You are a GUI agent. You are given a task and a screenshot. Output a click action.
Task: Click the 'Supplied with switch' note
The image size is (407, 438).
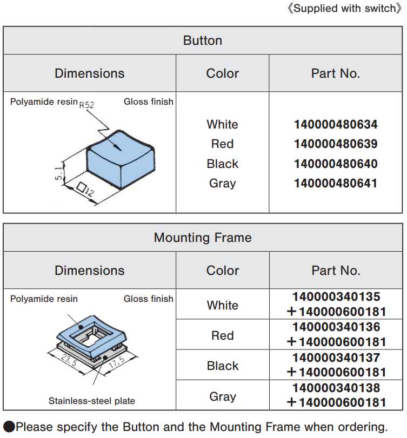(x=344, y=9)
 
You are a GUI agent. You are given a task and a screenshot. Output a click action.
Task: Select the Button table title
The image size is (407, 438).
(x=203, y=41)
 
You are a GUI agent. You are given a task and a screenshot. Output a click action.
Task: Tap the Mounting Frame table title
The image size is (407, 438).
(x=203, y=238)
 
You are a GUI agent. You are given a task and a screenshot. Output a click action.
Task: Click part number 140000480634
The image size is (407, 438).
(x=336, y=125)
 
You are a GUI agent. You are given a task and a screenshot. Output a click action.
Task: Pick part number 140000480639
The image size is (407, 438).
(x=336, y=144)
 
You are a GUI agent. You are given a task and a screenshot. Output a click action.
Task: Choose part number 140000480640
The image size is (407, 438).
(x=336, y=164)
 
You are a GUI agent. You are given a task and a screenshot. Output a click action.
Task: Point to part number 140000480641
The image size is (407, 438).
(x=336, y=183)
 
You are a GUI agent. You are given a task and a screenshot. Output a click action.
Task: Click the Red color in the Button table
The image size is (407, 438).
(x=222, y=144)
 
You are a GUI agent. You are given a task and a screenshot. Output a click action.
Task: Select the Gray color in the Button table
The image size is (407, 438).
(x=222, y=183)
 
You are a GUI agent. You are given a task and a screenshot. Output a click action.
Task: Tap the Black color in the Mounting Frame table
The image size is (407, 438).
(x=222, y=366)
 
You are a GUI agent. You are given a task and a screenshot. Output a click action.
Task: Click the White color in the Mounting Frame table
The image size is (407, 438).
(x=222, y=305)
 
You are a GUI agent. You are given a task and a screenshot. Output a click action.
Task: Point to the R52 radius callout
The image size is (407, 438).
(x=86, y=105)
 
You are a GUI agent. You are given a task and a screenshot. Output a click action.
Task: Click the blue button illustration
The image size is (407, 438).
(x=120, y=157)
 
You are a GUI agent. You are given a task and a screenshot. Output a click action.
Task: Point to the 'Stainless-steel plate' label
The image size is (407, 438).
(x=92, y=401)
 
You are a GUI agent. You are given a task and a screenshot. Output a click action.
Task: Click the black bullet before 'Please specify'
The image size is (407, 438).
(x=9, y=427)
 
